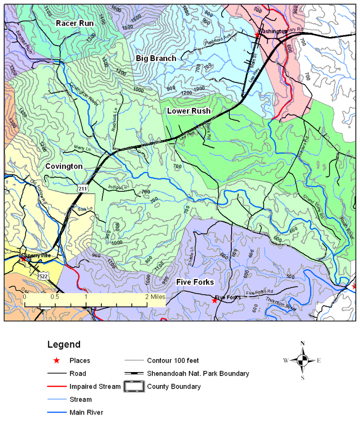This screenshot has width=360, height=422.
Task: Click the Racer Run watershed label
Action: [x=75, y=23]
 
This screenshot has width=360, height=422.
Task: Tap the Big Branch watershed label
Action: [x=156, y=58]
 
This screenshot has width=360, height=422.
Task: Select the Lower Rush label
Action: [x=189, y=110]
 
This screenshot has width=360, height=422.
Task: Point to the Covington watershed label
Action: [x=63, y=166]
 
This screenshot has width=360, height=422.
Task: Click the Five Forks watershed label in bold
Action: [x=195, y=282]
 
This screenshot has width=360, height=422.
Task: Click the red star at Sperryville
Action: [x=23, y=259]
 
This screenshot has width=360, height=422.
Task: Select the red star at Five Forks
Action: [x=215, y=301]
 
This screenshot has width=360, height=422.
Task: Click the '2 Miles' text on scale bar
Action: [x=155, y=296]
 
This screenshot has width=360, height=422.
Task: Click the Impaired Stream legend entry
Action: [x=95, y=387]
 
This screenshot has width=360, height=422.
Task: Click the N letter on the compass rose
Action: [x=303, y=343]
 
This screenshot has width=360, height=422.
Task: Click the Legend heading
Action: [x=63, y=345]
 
